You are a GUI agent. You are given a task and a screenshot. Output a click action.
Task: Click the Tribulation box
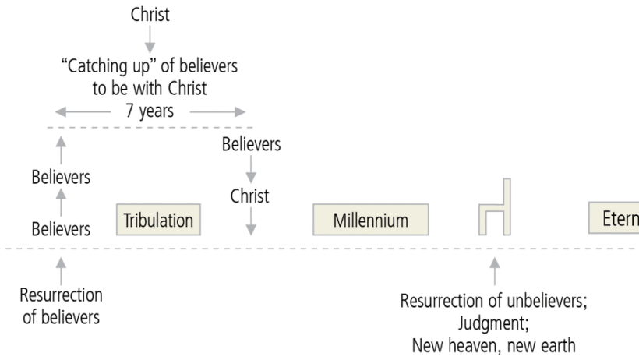point(158,220)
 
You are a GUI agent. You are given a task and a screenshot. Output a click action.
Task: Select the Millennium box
point(371,221)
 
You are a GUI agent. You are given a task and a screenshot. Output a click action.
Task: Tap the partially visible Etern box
point(613,220)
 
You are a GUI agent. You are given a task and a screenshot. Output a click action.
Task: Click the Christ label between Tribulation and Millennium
point(250,196)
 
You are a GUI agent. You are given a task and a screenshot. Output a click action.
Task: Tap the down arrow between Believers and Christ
point(250,171)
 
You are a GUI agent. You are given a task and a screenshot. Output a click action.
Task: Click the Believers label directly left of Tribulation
point(61,229)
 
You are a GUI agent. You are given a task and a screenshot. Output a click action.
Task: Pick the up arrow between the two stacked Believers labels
point(61,203)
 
